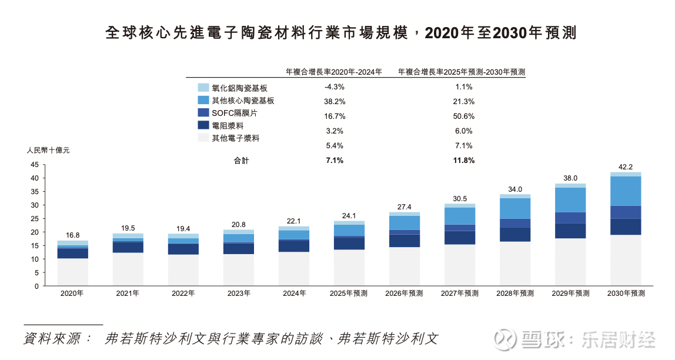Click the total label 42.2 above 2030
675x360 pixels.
[626, 166]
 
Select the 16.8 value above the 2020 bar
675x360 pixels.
[73, 235]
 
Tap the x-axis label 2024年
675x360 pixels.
[294, 293]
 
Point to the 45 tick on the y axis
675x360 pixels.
[34, 165]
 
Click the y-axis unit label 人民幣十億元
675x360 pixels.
[48, 151]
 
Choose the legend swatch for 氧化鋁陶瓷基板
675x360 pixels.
[203, 87]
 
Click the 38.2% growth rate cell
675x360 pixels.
[334, 101]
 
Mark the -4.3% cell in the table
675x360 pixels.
[334, 86]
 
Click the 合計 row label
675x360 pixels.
[241, 160]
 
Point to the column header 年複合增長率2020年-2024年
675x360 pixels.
[333, 72]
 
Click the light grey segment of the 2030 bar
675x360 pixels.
[626, 260]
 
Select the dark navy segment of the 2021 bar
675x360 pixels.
[128, 247]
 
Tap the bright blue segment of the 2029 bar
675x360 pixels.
[570, 200]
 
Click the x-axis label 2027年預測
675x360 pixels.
[460, 293]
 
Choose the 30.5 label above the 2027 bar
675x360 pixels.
[460, 198]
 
